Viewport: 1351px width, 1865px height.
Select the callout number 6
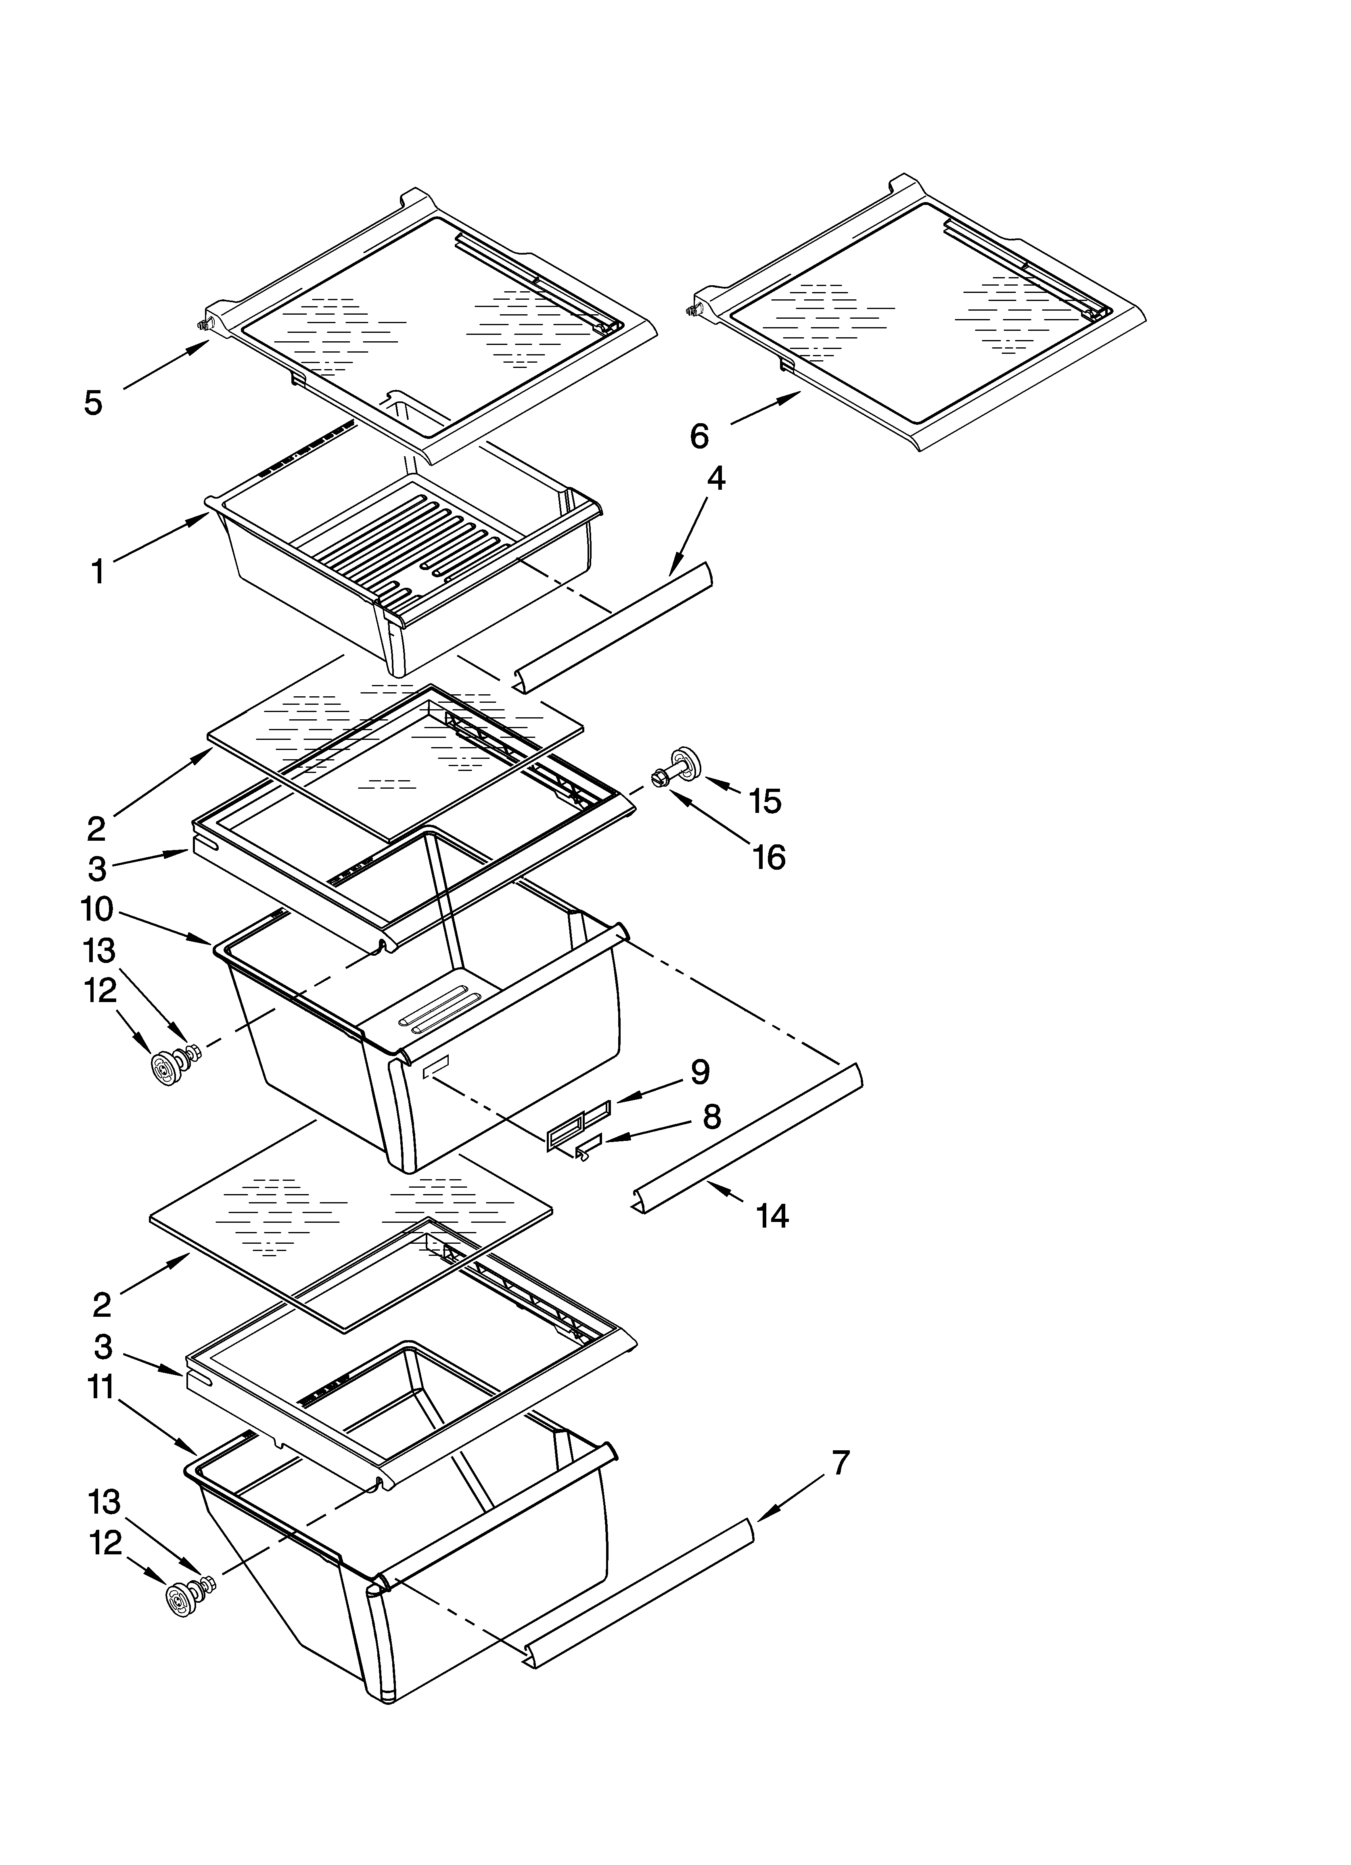[699, 436]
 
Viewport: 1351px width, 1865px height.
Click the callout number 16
[768, 858]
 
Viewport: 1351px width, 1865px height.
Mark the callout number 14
[772, 1215]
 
